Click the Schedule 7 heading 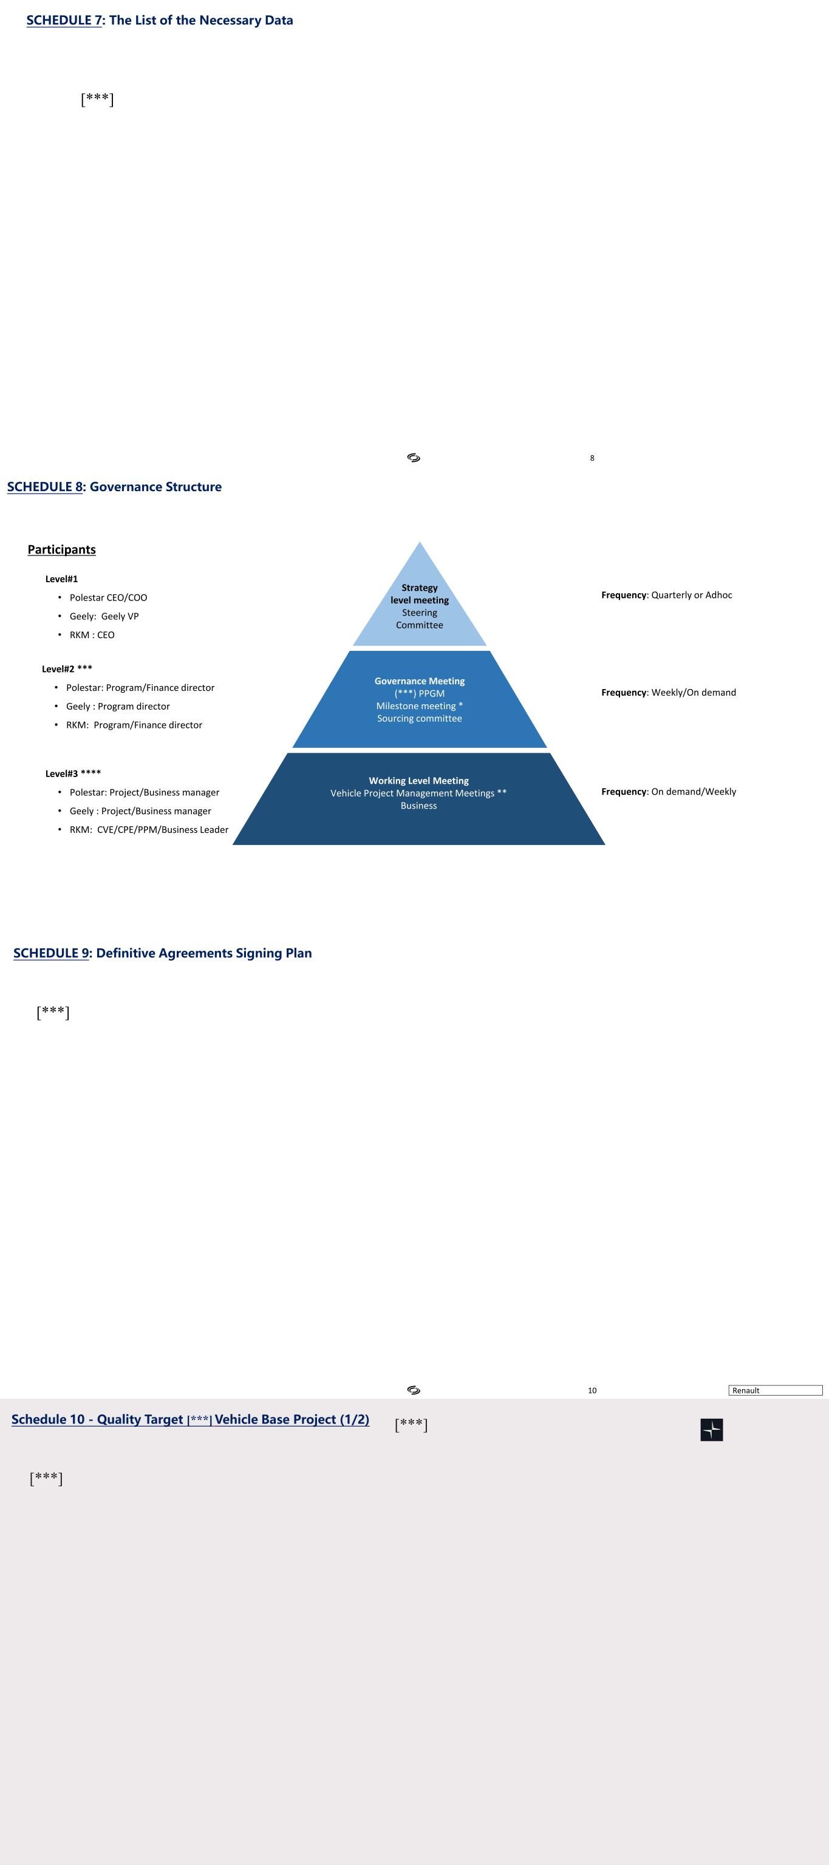point(159,20)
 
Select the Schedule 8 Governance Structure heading point(114,486)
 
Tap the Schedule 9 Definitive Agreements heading point(162,953)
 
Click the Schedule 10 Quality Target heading point(189,1419)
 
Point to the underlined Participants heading point(61,549)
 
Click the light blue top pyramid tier point(419,605)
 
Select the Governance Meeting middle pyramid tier point(419,699)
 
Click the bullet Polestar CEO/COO point(108,597)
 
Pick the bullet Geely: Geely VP point(103,616)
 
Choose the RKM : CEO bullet point(92,635)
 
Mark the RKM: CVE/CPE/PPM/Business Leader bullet point(148,830)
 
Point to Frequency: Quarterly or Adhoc point(666,595)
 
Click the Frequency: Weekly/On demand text point(668,692)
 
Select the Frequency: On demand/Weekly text point(668,791)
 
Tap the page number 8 point(592,458)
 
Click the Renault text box point(775,1390)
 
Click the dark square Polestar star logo point(712,1430)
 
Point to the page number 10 point(592,1390)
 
